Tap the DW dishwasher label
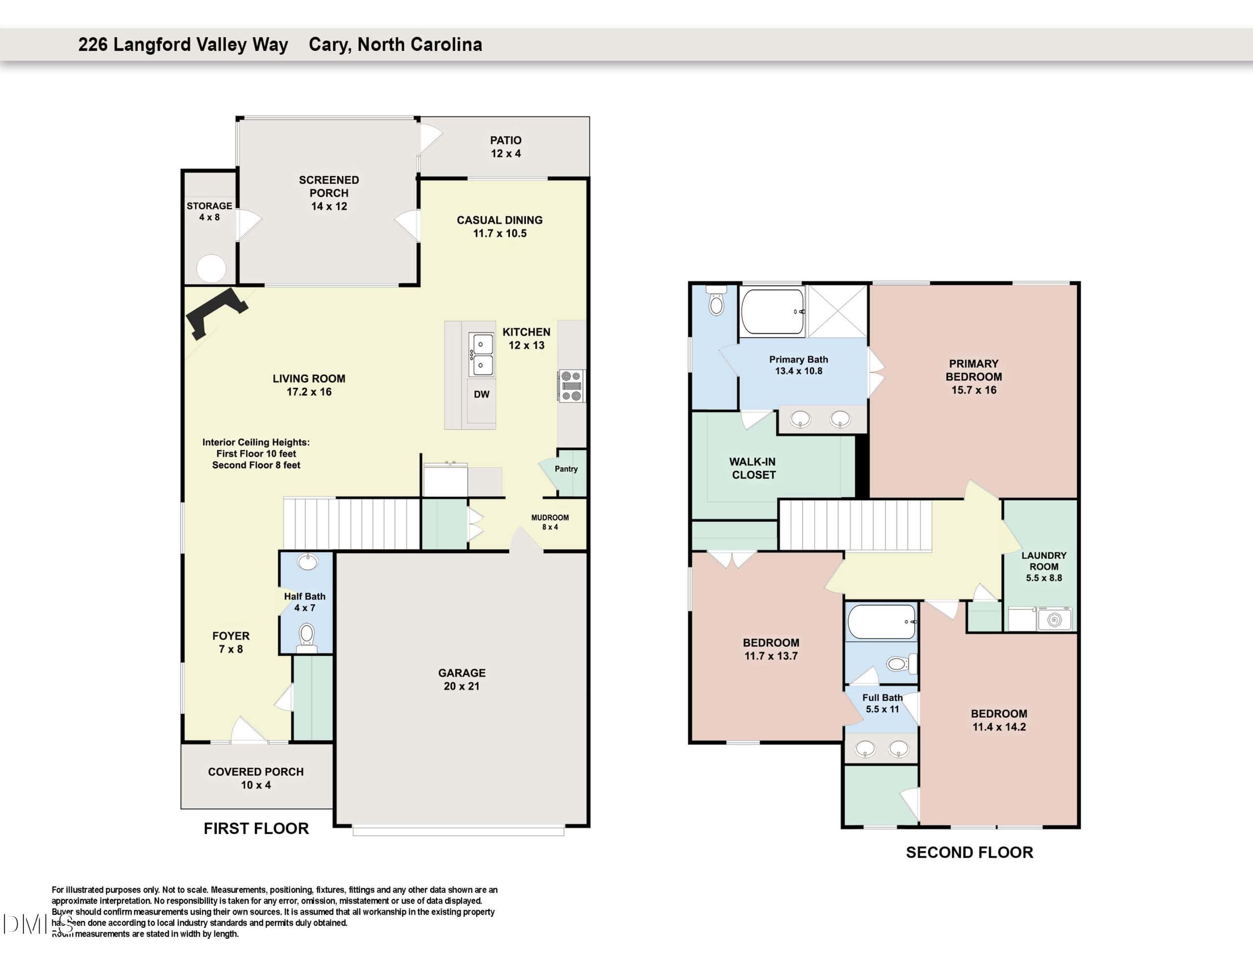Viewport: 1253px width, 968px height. click(481, 394)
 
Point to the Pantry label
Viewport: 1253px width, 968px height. click(566, 469)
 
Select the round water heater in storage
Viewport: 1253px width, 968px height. click(211, 268)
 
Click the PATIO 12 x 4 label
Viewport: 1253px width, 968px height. click(506, 147)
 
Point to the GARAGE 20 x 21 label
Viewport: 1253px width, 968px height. click(462, 679)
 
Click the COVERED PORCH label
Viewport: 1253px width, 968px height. click(256, 772)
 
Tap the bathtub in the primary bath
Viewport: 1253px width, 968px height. click(772, 312)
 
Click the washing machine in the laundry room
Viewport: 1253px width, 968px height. click(1054, 620)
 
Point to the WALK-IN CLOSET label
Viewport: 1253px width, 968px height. click(753, 468)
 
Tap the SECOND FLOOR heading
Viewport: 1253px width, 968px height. click(970, 853)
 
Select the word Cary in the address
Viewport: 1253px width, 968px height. click(330, 45)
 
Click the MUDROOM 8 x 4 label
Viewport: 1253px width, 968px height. click(550, 522)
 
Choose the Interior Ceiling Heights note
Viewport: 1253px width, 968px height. click(256, 453)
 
